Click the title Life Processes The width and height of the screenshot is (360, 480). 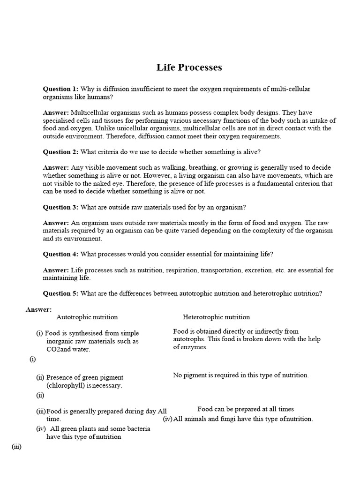coord(189,67)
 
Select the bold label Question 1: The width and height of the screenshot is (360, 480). coord(61,89)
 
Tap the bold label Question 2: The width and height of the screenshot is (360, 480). coord(61,152)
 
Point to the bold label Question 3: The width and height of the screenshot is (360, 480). coord(61,207)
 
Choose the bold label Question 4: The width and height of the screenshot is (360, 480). coord(61,255)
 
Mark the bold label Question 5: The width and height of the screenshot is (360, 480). coord(61,293)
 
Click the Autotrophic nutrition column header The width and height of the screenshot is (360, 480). coord(87,317)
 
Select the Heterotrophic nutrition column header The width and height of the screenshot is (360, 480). coord(216,317)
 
